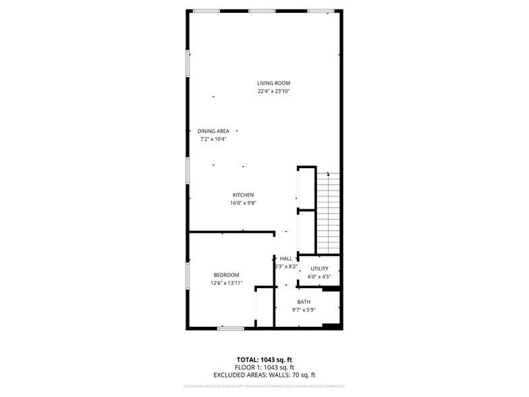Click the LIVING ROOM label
273,83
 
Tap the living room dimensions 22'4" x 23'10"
273,91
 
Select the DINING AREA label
213,131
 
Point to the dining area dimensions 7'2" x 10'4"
213,139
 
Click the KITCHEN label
243,195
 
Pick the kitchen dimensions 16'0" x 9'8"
243,203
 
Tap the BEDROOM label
226,275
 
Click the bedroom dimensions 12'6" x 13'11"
226,283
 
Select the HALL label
286,259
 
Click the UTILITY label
319,269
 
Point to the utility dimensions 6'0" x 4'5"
319,276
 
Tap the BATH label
304,302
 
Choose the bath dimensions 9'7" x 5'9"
304,310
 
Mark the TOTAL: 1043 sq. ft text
264,359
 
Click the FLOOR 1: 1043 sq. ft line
264,367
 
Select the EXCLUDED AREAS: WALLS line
264,375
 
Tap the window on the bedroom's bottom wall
231,328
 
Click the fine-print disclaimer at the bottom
264,387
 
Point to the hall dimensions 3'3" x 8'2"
286,267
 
